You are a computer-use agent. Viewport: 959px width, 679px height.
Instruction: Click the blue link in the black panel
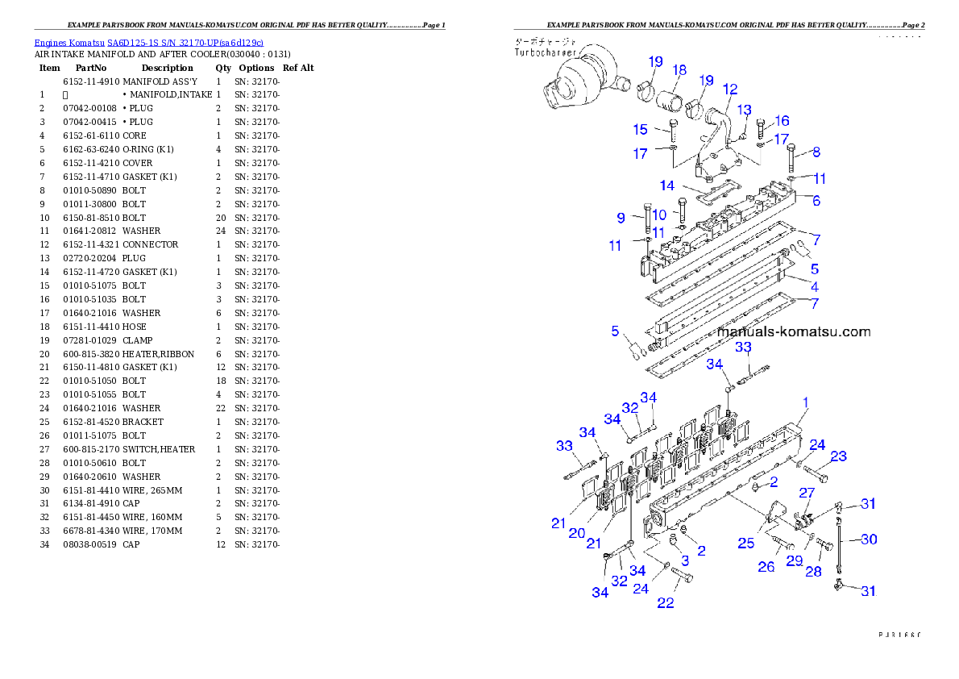pos(148,42)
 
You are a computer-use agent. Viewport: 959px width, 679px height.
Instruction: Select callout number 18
pos(679,70)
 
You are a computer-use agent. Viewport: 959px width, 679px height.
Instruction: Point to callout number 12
pos(730,89)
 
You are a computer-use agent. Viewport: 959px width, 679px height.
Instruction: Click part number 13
pos(744,109)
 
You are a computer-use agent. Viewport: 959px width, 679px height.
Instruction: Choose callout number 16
pos(782,121)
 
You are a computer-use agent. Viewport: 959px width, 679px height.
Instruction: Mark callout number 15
pos(640,129)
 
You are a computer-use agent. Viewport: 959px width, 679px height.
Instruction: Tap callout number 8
pos(816,152)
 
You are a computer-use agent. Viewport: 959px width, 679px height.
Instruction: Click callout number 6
pos(816,201)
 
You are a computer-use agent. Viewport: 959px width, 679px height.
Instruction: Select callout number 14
pos(666,185)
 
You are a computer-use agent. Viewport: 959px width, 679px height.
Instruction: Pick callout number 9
pos(621,218)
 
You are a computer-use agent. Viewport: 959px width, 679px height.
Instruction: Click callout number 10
pos(659,215)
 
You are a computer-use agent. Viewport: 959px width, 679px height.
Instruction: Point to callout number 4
pos(815,286)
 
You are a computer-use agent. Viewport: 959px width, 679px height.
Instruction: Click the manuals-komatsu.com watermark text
pos(793,331)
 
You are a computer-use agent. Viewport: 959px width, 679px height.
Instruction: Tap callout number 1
pos(805,402)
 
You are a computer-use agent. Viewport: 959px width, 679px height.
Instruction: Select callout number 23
pos(838,456)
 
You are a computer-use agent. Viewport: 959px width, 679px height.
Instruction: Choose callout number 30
pos(868,539)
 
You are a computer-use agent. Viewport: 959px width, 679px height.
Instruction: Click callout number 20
pos(577,533)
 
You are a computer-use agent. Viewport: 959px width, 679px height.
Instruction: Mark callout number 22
pos(665,602)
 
